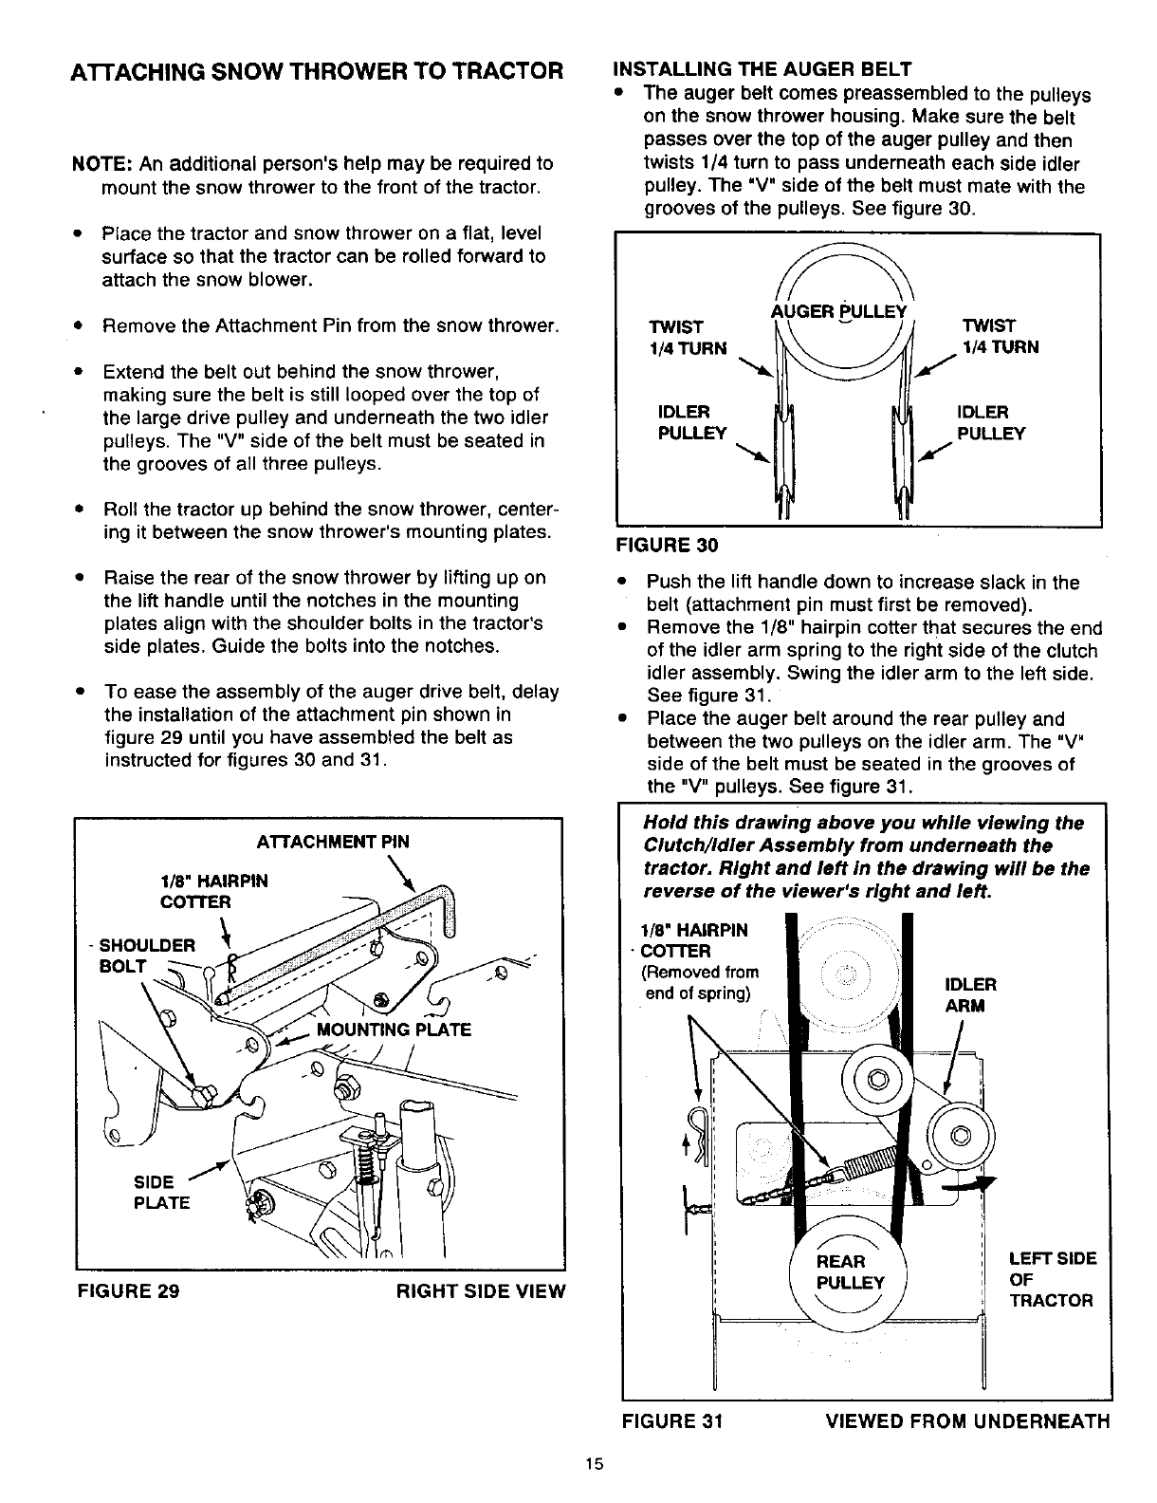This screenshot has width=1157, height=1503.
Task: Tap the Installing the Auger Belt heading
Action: tap(762, 68)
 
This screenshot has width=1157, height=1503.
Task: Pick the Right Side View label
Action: tap(480, 1290)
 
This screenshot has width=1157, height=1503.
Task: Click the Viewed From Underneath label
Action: tap(967, 1420)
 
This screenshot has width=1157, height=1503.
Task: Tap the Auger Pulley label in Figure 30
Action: tap(840, 312)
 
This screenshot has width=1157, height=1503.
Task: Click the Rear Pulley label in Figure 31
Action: tap(850, 1271)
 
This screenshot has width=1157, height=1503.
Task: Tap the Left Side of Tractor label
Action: tap(1052, 1279)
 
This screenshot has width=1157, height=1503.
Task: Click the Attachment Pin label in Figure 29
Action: tap(334, 841)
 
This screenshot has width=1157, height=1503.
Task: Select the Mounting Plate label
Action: tap(395, 1030)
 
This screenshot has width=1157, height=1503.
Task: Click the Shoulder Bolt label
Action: tap(147, 956)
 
